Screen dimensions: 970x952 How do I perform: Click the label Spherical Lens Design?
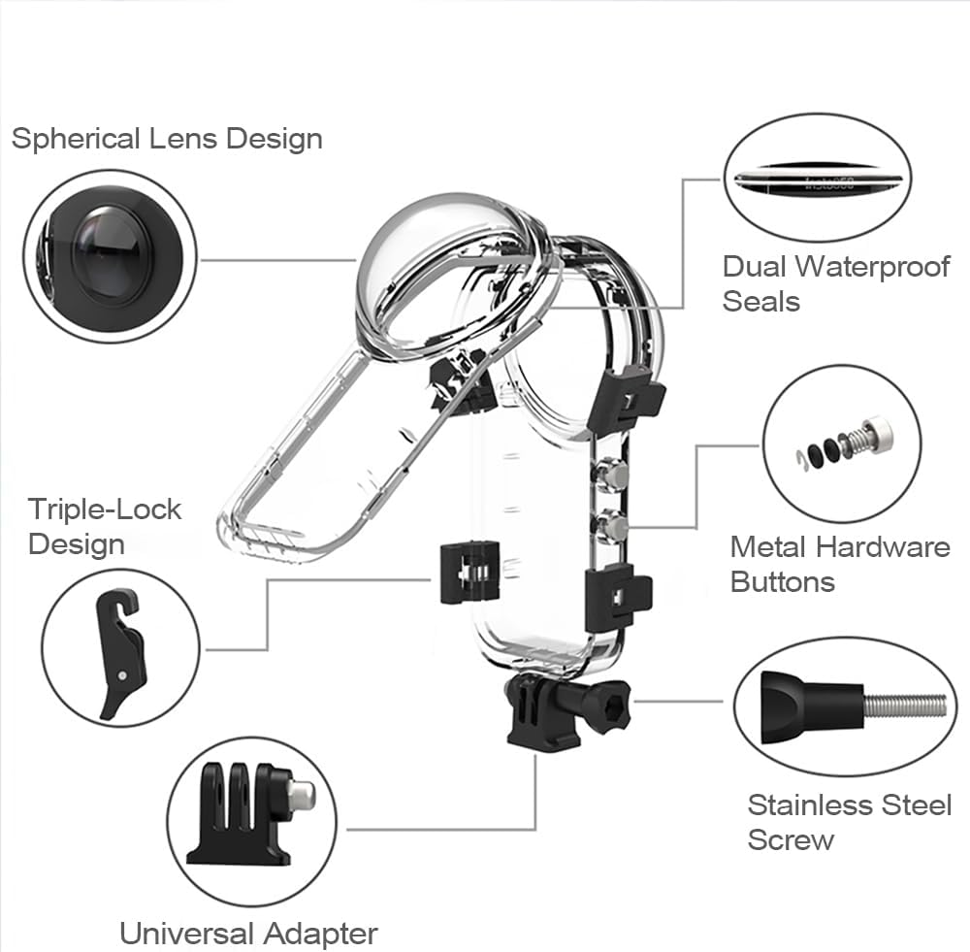[x=167, y=139]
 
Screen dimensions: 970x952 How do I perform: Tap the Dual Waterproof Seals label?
[x=836, y=284]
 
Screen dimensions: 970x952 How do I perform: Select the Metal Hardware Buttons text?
[x=840, y=565]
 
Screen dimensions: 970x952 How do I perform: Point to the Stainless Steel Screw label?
[x=850, y=822]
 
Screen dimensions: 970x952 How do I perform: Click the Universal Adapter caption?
[x=248, y=934]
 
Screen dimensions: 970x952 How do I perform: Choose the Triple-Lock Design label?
[x=105, y=527]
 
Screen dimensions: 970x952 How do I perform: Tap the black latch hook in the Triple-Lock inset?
[x=122, y=654]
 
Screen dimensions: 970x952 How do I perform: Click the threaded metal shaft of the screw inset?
[x=905, y=706]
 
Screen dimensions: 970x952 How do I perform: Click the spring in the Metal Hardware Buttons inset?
[x=856, y=440]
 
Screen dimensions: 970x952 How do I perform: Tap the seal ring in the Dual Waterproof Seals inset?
[x=817, y=180]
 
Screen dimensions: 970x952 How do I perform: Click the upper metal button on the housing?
[x=610, y=474]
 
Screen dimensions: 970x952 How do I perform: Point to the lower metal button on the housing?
[x=610, y=527]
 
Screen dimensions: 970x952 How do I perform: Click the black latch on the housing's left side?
[x=469, y=573]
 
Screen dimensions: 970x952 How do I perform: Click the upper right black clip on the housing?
[x=625, y=399]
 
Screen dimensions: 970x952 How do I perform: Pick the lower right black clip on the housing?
[x=617, y=598]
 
